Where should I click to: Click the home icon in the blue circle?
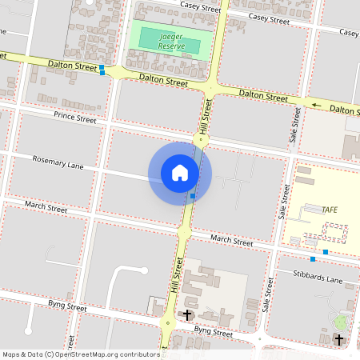click(180, 172)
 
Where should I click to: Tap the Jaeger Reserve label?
click(172, 42)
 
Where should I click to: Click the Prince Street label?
click(75, 118)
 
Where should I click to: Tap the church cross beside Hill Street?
click(188, 315)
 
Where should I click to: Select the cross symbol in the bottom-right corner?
click(339, 340)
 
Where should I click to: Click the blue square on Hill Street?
click(193, 195)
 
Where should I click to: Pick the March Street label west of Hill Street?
click(46, 206)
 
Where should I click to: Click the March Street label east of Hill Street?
click(231, 241)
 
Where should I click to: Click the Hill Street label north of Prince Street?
click(206, 115)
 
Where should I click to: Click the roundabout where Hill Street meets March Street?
click(185, 232)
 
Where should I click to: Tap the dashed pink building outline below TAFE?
click(334, 234)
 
